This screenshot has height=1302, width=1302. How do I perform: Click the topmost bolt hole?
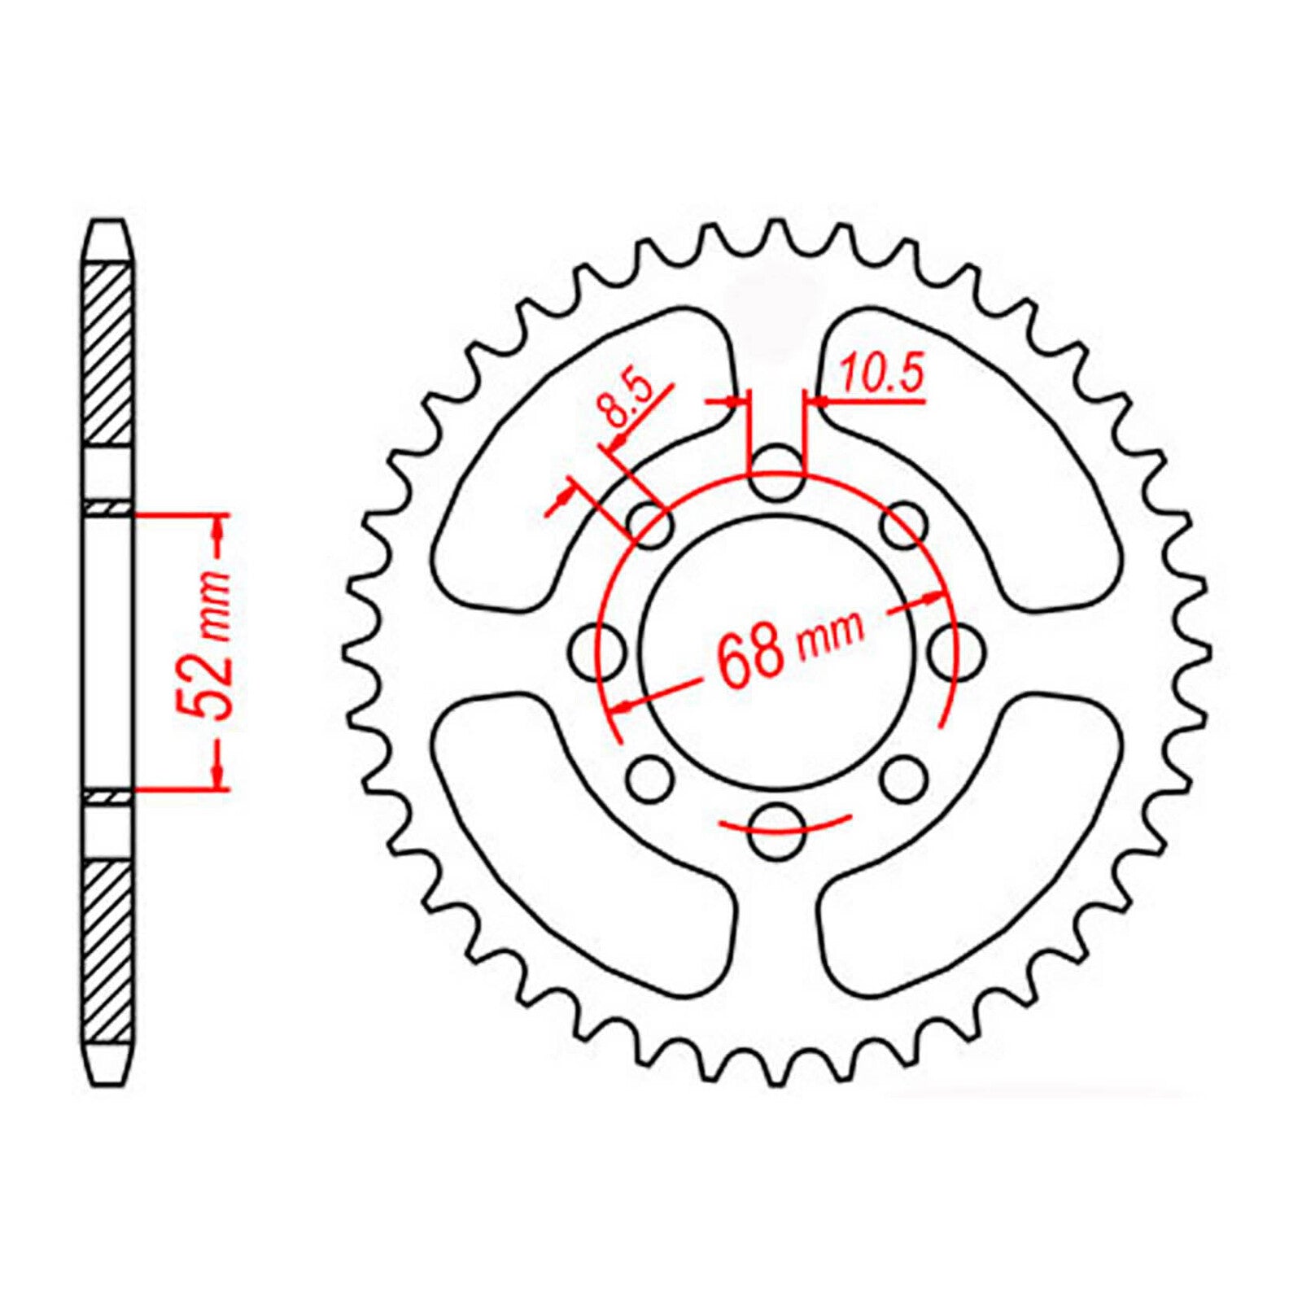[775, 474]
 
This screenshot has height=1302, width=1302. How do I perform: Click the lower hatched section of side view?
[107, 952]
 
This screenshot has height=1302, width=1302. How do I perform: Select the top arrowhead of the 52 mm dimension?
[218, 529]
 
